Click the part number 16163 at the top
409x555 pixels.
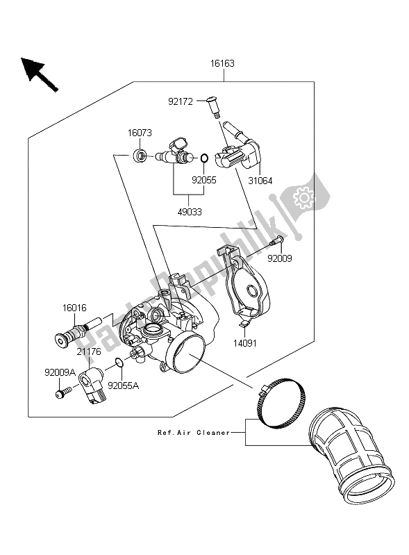coord(222,63)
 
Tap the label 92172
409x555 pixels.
coord(181,102)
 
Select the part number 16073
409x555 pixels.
coord(140,133)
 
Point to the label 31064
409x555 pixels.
coord(260,181)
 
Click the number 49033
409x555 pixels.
coord(190,212)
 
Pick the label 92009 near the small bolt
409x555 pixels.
coord(280,258)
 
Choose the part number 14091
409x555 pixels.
coord(245,343)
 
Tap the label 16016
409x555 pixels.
coord(74,308)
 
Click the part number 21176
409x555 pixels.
coord(89,351)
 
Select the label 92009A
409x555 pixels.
coord(60,372)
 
